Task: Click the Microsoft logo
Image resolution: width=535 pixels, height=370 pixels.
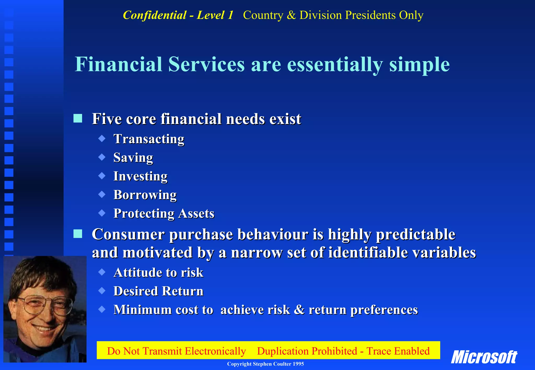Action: point(484,357)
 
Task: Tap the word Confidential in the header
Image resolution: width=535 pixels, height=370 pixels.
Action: point(154,15)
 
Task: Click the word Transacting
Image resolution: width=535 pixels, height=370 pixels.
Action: point(149,139)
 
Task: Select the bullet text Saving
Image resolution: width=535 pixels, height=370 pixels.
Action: point(133,158)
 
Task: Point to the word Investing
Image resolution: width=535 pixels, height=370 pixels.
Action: point(140,176)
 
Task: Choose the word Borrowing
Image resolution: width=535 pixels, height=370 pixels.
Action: point(145,195)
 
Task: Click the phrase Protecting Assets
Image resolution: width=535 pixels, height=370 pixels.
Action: point(164,213)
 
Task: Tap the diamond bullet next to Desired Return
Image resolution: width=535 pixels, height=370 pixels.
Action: point(102,291)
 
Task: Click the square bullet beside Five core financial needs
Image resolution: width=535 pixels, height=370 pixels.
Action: point(78,118)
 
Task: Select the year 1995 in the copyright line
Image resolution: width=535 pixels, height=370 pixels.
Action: point(298,364)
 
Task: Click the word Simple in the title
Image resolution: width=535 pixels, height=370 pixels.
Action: point(419,64)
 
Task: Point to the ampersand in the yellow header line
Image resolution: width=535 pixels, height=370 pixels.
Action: point(291,15)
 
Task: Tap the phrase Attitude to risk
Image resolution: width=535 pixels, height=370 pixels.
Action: point(158,273)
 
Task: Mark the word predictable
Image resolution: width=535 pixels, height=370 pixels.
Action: point(415,234)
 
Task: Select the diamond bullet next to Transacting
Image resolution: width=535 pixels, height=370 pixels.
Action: point(102,139)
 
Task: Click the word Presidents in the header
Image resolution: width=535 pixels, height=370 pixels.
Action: point(370,15)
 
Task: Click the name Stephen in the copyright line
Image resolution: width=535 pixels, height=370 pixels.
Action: point(262,364)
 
